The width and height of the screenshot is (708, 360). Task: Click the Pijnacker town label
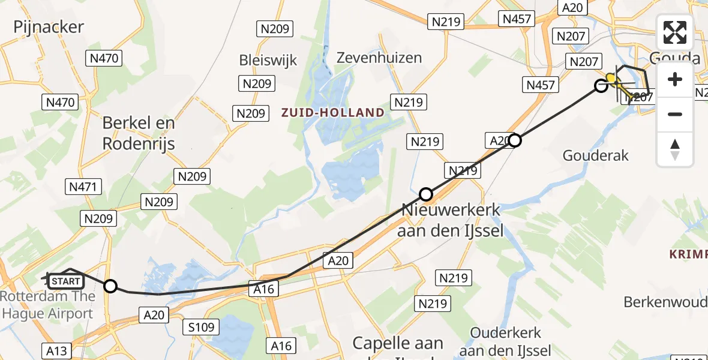click(x=49, y=26)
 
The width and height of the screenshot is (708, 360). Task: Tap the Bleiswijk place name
click(x=268, y=60)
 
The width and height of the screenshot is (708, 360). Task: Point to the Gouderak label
click(x=595, y=155)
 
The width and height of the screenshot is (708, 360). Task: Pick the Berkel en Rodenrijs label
click(x=139, y=133)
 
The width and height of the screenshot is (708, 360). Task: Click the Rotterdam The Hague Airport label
click(x=48, y=305)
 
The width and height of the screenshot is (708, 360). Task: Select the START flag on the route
click(x=65, y=281)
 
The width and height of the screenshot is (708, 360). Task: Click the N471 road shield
click(x=83, y=187)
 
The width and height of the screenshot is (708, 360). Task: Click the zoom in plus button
click(x=675, y=80)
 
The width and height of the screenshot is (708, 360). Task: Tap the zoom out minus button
click(x=675, y=114)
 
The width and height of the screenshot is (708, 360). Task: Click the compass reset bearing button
click(x=675, y=149)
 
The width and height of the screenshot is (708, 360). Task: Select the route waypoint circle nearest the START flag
click(x=110, y=286)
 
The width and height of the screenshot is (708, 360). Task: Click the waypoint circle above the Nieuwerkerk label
click(x=425, y=194)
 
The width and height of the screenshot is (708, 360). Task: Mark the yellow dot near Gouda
click(x=611, y=78)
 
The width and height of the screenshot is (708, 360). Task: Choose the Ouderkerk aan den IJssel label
click(x=505, y=341)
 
